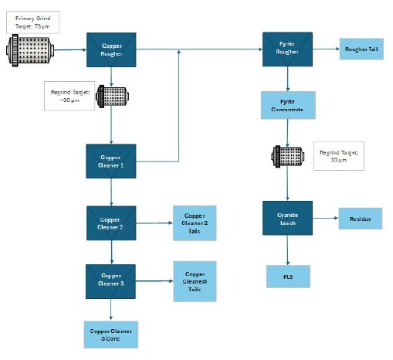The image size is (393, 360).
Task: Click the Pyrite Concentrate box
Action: click(287, 106)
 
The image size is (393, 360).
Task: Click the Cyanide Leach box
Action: click(287, 219)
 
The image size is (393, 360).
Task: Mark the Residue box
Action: click(361, 219)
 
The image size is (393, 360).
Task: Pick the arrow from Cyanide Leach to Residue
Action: click(325, 219)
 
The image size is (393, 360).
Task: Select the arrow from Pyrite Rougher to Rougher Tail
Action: click(326, 50)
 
